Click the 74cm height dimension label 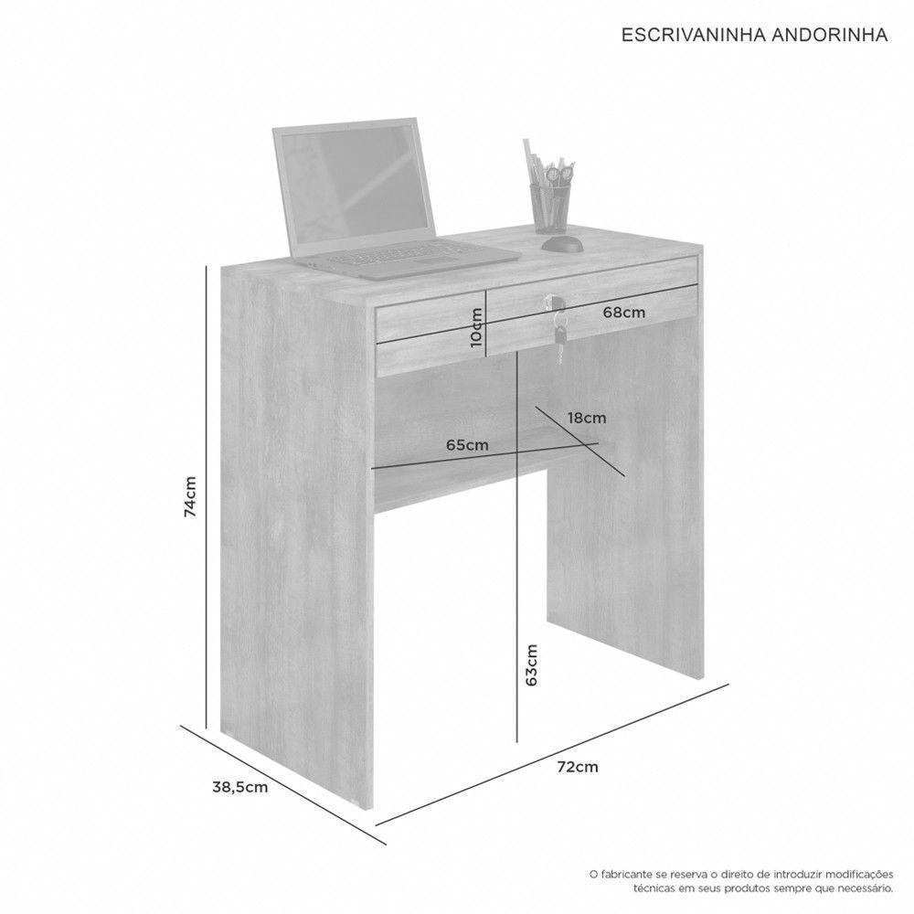[189, 495]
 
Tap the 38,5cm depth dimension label [239, 786]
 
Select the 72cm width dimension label [579, 767]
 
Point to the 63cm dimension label [532, 664]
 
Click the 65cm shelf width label [467, 445]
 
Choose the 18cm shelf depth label [587, 418]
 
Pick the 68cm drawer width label [625, 312]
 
